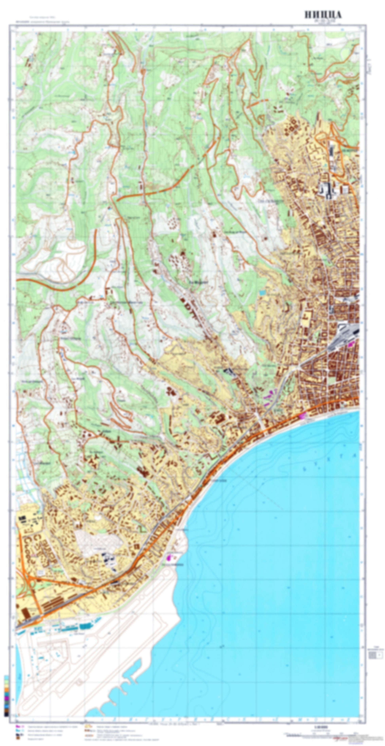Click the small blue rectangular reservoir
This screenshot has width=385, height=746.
point(262,292)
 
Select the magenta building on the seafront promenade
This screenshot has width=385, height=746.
point(303,416)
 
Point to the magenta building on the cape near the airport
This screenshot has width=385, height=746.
point(170,557)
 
